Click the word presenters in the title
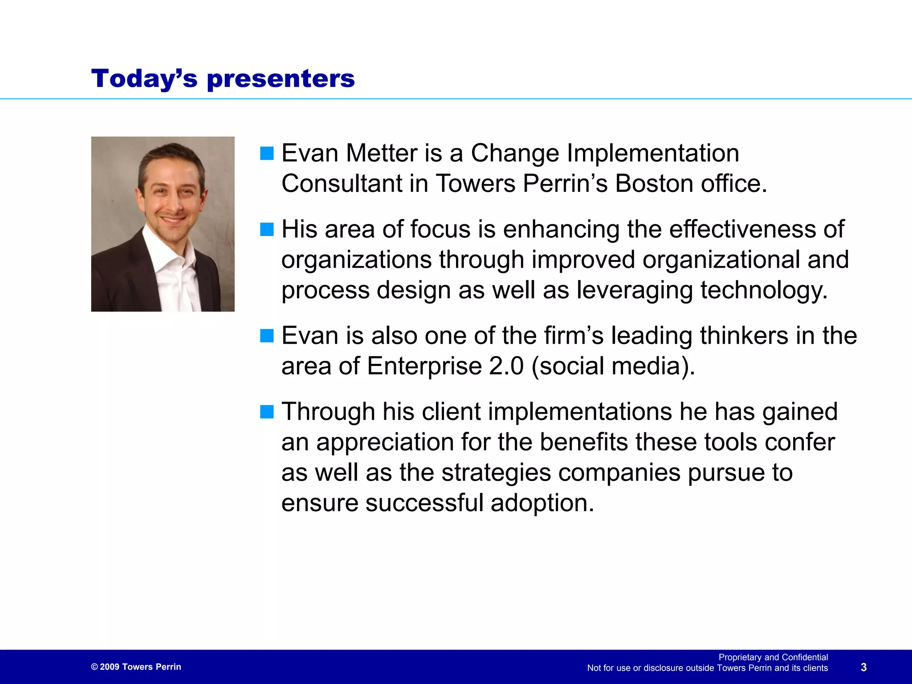pyautogui.click(x=281, y=79)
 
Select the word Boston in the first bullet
pyautogui.click(x=654, y=184)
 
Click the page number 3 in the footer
pyautogui.click(x=863, y=667)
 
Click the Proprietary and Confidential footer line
pyautogui.click(x=773, y=657)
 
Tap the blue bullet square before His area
pyautogui.click(x=267, y=230)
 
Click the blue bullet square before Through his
pyautogui.click(x=267, y=412)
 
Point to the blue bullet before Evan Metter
pyautogui.click(x=267, y=154)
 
